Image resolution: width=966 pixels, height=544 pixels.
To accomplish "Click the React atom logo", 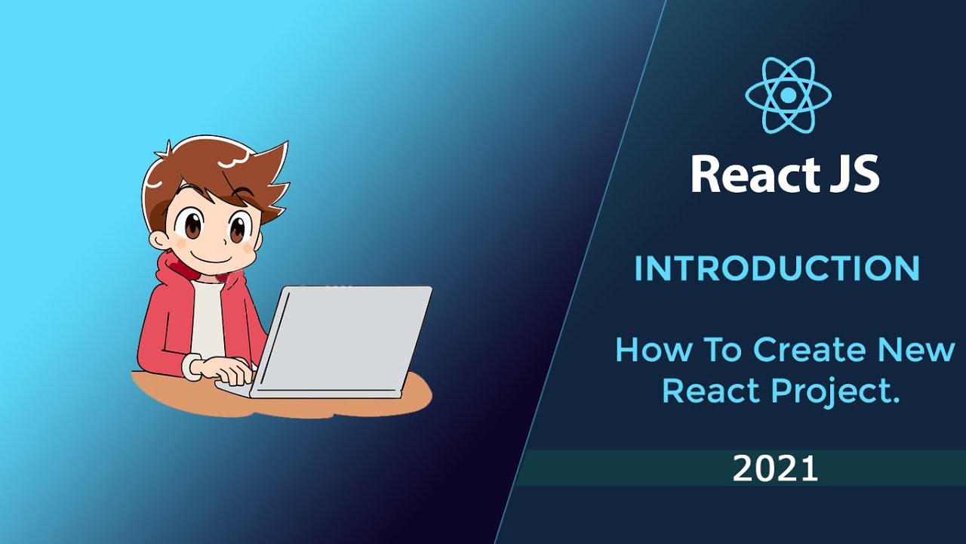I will coord(788,95).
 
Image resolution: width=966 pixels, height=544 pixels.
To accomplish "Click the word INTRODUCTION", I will coord(777,269).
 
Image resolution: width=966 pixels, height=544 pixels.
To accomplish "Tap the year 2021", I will coord(775,469).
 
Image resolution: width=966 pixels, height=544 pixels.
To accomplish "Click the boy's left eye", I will coord(192,224).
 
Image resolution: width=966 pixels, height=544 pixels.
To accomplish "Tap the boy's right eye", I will coord(239,226).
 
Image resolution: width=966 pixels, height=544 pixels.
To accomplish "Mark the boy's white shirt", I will coord(207,317).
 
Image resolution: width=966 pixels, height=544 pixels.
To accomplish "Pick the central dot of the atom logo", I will coord(788,95).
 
